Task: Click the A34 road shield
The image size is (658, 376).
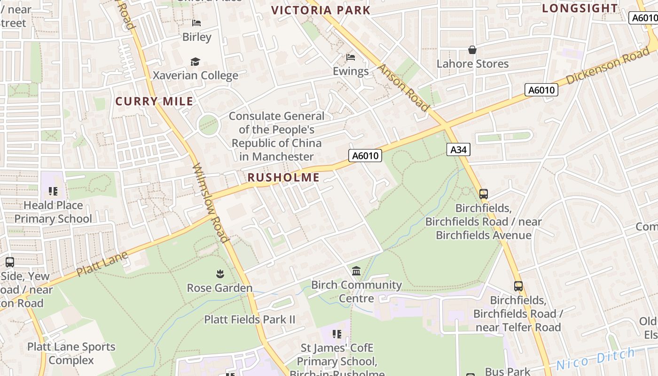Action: (458, 149)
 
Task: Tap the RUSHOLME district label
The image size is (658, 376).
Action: (283, 178)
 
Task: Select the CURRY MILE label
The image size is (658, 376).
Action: (154, 101)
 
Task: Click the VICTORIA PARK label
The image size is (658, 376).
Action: (321, 10)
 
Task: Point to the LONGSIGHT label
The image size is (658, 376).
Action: (580, 8)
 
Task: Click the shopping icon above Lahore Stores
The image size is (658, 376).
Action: (472, 50)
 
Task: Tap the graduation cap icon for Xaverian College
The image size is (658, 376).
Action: (195, 62)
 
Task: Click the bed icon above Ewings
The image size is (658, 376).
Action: (351, 57)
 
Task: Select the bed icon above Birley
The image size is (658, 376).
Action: (196, 23)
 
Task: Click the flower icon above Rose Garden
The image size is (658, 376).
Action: (219, 274)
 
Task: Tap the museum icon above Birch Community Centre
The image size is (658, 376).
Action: (356, 271)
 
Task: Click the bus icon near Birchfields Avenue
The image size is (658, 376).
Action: (483, 194)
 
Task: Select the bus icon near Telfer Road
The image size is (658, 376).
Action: (518, 286)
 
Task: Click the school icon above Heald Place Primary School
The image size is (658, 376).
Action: (53, 191)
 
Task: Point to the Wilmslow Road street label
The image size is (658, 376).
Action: (211, 203)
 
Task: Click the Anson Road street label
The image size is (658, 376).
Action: (404, 88)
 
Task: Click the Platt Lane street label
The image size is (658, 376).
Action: (102, 264)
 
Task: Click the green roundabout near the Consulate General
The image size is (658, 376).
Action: (209, 125)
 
